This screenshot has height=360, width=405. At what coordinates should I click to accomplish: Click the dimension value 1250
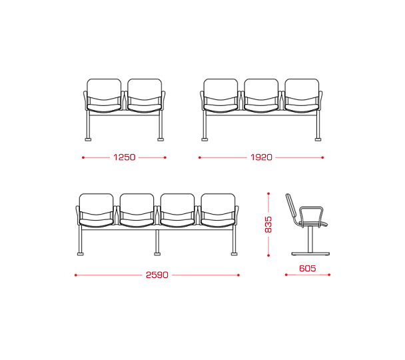pos(125,157)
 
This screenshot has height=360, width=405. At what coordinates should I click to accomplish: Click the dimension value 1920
pos(261,157)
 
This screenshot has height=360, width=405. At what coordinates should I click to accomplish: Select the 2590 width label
pos(157,275)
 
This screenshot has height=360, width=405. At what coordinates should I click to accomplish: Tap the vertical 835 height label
pos(268,225)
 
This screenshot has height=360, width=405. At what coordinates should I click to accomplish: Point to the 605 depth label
pos(307,268)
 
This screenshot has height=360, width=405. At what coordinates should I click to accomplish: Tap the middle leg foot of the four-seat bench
pos(157,254)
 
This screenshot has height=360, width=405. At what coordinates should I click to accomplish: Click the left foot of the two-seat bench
pos(88,139)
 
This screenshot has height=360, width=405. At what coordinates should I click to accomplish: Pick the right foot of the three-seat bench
pos(318,139)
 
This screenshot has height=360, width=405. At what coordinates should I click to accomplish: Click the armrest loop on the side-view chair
pos(310,207)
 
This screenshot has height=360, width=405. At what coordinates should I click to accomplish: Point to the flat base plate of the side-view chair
pos(310,254)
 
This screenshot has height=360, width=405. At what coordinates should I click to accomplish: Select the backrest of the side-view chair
pos(290,206)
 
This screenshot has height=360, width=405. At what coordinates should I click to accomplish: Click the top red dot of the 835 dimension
pos(268,193)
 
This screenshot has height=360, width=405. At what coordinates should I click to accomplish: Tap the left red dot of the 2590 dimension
pos(76,275)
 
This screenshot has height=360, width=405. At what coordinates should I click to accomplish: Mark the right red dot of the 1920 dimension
pos(322,157)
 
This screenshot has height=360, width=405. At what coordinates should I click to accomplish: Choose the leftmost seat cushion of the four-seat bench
pos(97,223)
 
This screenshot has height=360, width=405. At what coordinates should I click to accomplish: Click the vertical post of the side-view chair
pos(310,239)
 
